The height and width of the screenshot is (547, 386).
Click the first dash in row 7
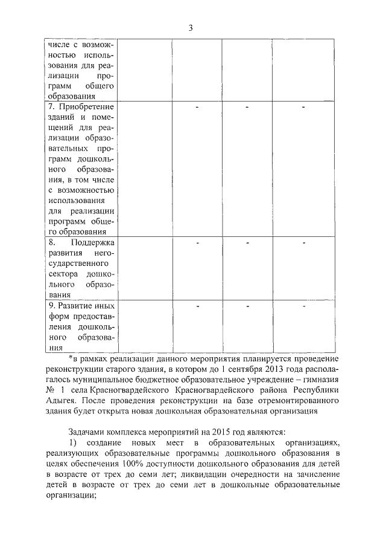(x=197, y=107)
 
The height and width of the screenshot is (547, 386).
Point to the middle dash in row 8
(x=247, y=242)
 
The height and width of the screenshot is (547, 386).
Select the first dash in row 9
(x=197, y=306)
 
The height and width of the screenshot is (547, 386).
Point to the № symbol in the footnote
(x=50, y=389)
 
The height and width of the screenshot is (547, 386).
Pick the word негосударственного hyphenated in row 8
(x=90, y=259)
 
